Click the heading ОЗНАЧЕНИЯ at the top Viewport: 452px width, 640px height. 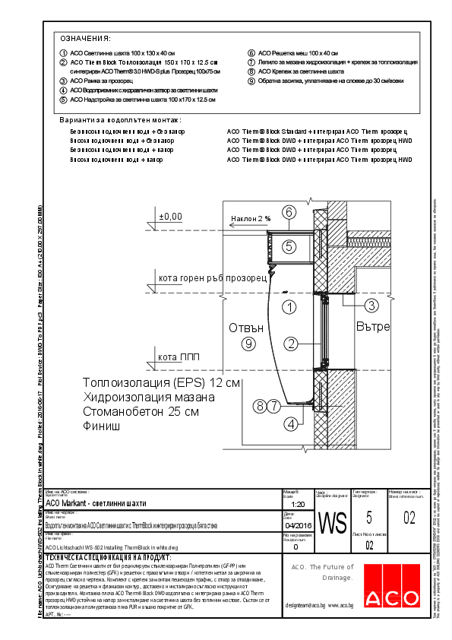pyautogui.click(x=86, y=38)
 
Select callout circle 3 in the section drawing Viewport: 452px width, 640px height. pyautogui.click(x=371, y=306)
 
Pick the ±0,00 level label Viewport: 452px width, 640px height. pyautogui.click(x=170, y=217)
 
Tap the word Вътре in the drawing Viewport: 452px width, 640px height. pyautogui.click(x=372, y=327)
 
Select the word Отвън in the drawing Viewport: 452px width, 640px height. pyautogui.click(x=246, y=328)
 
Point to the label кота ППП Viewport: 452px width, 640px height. pyautogui.click(x=178, y=356)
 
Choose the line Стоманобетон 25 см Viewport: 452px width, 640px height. pyautogui.click(x=141, y=411)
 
